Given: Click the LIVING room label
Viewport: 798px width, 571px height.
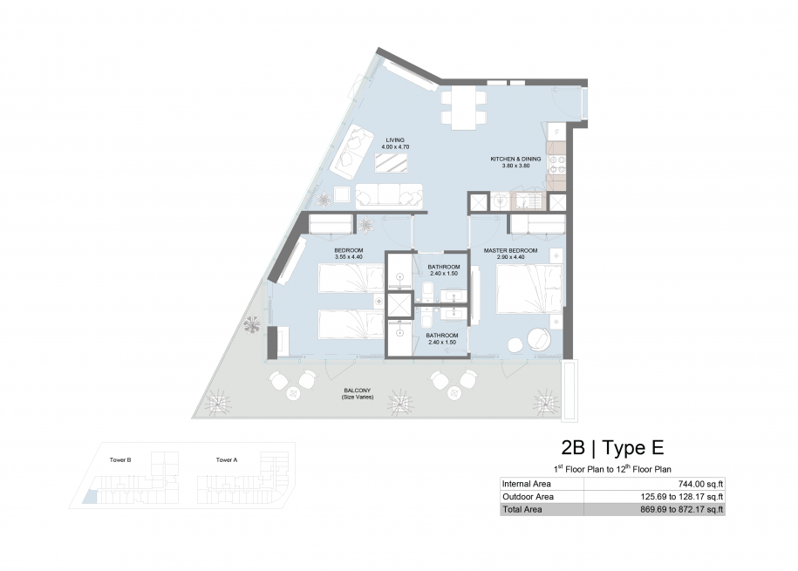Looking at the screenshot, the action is [395, 140].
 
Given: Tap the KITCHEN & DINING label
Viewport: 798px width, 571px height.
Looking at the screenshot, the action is [515, 159].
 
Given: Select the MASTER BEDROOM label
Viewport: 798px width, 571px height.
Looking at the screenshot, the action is [510, 250].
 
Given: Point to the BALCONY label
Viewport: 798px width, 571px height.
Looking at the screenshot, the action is [358, 391].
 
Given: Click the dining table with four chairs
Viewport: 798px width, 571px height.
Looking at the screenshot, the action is [463, 107].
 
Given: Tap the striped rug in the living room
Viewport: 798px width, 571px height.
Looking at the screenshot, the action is [392, 162].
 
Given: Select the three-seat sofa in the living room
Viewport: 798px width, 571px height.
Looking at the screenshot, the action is [389, 196].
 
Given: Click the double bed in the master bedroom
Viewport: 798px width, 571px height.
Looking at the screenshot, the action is [529, 288].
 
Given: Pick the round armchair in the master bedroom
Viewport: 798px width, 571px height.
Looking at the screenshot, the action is [538, 339].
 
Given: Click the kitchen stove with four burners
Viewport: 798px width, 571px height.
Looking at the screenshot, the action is [556, 165].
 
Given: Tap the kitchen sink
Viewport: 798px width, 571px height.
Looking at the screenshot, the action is [528, 202].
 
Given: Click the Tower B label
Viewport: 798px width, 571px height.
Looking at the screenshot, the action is [120, 460].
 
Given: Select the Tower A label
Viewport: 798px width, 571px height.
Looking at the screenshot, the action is [227, 460].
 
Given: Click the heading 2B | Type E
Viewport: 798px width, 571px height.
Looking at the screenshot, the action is [613, 448].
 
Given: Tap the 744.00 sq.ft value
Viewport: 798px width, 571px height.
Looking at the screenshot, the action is [701, 485].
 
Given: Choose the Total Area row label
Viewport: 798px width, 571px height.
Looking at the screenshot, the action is [522, 509].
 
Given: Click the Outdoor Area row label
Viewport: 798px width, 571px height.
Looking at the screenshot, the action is [528, 497].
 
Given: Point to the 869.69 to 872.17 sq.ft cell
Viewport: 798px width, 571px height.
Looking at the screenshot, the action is [682, 509].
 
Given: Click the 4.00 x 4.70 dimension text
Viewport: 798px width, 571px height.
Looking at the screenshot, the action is [395, 147].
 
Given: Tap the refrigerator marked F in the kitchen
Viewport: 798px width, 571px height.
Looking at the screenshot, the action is [556, 132].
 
